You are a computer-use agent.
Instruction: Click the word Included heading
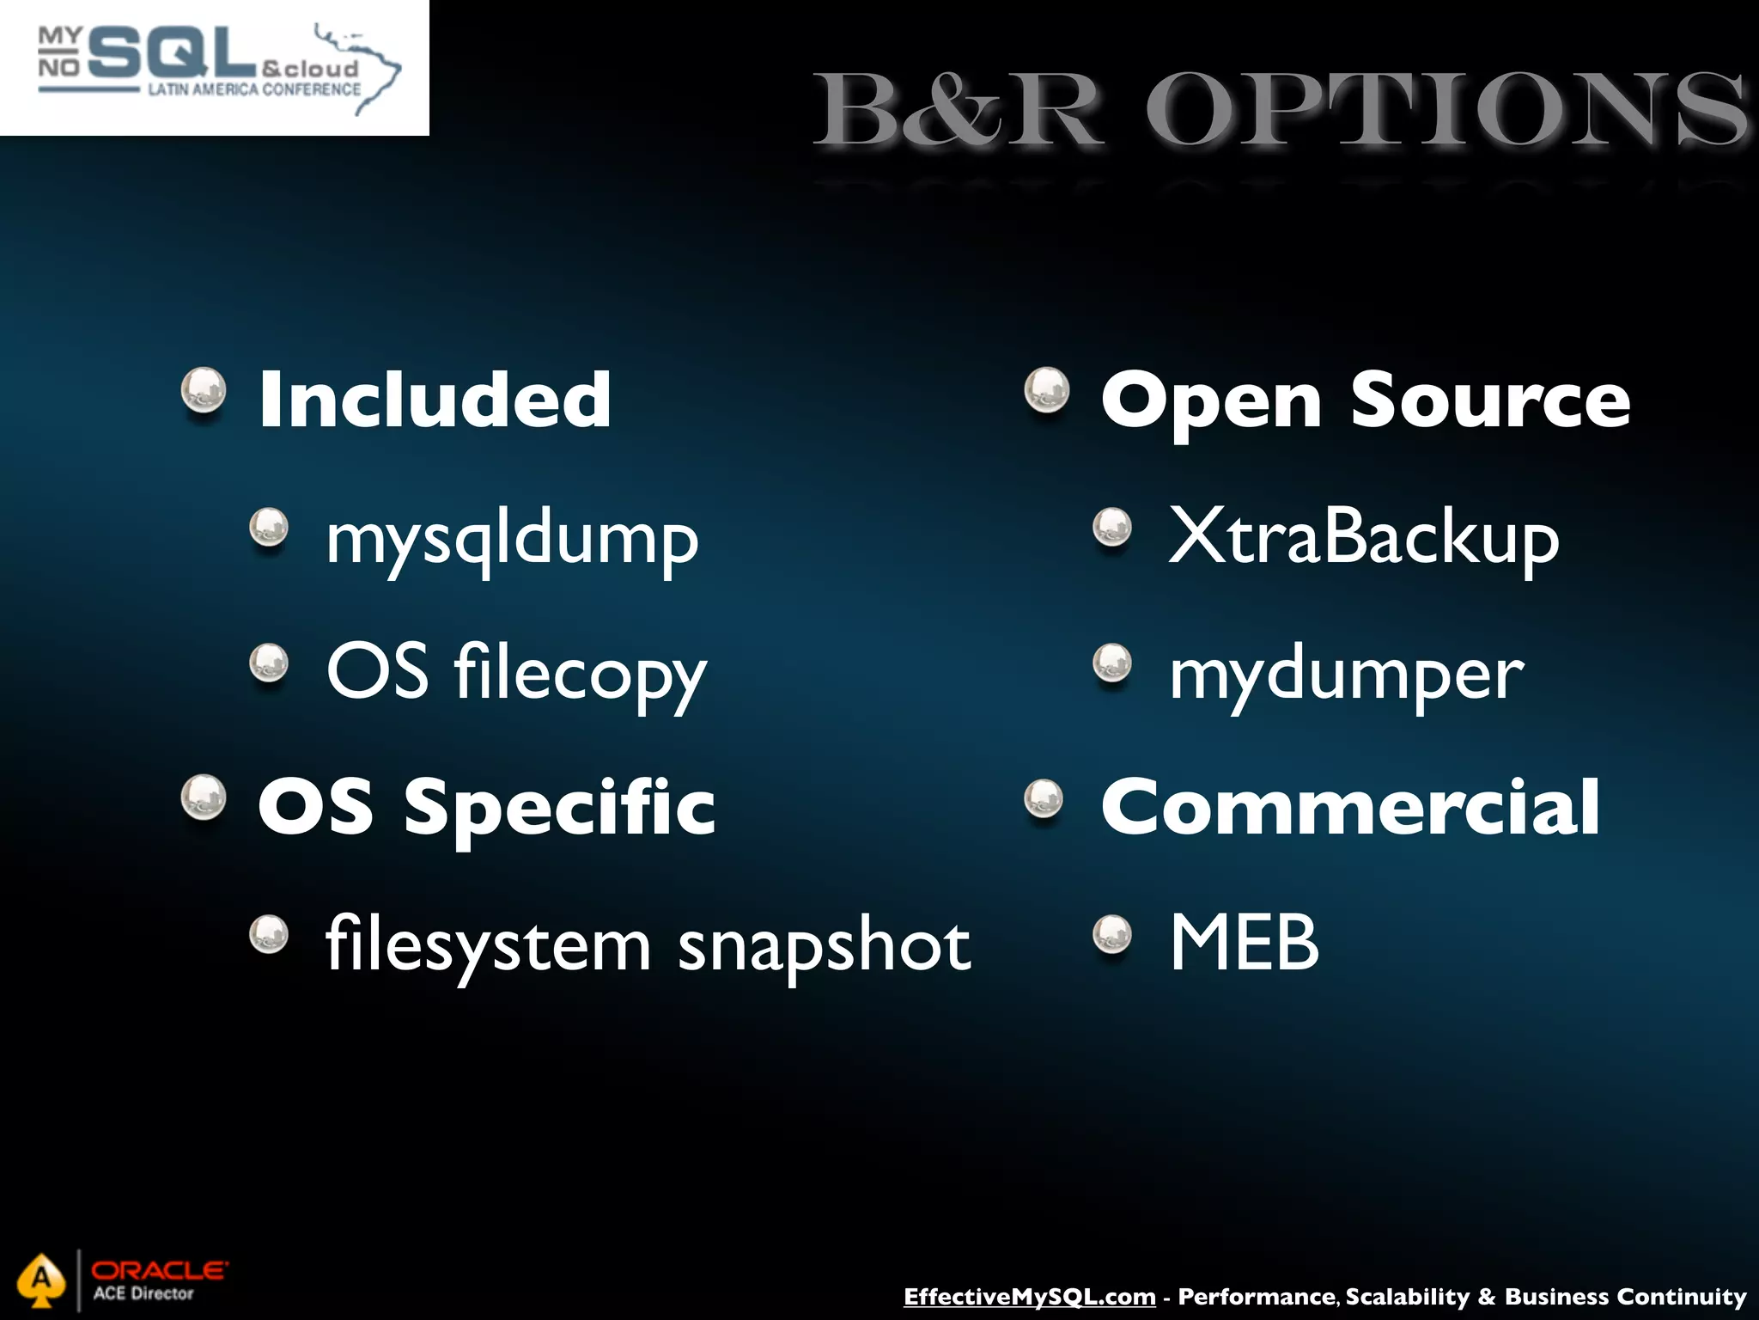pyautogui.click(x=435, y=400)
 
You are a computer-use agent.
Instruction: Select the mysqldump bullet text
pyautogui.click(x=513, y=540)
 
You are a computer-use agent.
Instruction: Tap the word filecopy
pyautogui.click(x=581, y=673)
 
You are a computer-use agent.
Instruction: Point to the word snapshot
pyautogui.click(x=825, y=944)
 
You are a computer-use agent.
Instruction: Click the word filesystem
pyautogui.click(x=489, y=944)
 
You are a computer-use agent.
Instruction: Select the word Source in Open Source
pyautogui.click(x=1490, y=400)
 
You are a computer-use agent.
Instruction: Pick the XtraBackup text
pyautogui.click(x=1364, y=537)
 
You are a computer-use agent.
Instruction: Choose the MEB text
pyautogui.click(x=1245, y=943)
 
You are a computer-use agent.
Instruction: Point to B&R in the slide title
pyautogui.click(x=958, y=112)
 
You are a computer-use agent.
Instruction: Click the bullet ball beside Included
pyautogui.click(x=204, y=390)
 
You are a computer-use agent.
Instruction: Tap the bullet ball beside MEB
pyautogui.click(x=1113, y=934)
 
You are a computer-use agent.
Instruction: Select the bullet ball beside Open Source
pyautogui.click(x=1047, y=390)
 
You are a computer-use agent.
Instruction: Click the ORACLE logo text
pyautogui.click(x=160, y=1269)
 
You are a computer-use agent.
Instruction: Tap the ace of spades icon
pyautogui.click(x=40, y=1280)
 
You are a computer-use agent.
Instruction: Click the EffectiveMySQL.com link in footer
pyautogui.click(x=1029, y=1297)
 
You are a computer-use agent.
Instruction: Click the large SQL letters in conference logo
pyautogui.click(x=172, y=53)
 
